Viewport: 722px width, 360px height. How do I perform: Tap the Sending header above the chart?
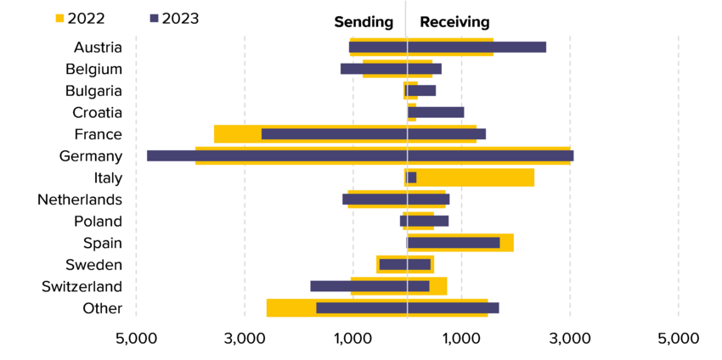[364, 22]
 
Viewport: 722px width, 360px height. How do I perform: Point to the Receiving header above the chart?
[454, 22]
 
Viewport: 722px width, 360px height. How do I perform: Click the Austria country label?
[98, 48]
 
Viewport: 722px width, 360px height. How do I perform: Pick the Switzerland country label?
[82, 286]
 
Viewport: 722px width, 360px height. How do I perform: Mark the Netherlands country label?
[80, 200]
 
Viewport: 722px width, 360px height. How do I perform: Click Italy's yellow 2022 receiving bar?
[476, 177]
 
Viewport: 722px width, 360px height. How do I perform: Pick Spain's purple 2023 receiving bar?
[454, 243]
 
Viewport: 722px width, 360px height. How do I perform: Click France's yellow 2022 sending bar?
[237, 134]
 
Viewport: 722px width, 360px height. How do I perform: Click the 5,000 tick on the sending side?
[136, 339]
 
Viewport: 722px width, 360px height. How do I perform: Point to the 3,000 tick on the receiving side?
[570, 339]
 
